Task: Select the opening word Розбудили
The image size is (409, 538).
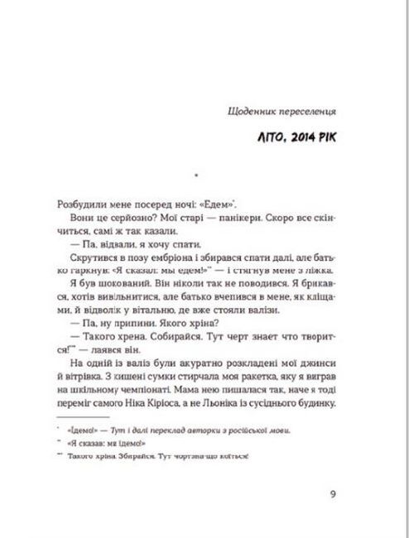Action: pyautogui.click(x=76, y=203)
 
